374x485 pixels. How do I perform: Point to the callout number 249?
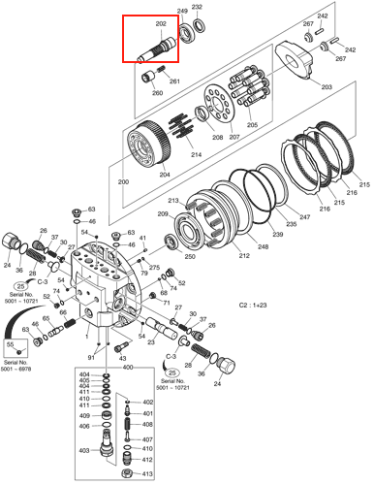coord(181,10)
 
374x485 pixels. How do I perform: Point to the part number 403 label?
coord(84,449)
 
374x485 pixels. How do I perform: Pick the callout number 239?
coord(277,235)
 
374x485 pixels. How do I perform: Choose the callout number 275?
coord(153,266)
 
